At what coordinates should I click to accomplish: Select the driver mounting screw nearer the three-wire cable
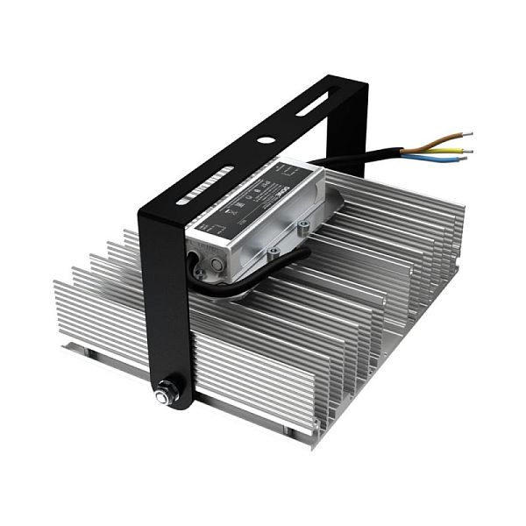click(x=303, y=226)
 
